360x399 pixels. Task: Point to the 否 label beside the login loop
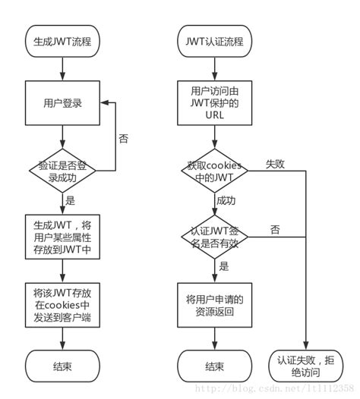tap(123, 139)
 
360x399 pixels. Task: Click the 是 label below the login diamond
tap(71, 201)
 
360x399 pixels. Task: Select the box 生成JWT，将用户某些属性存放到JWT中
tap(62, 235)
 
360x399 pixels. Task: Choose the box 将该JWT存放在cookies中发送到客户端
tap(62, 305)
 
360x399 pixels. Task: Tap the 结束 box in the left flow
tap(62, 366)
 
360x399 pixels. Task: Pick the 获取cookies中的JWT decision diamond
tap(215, 171)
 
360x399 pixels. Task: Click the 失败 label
tap(274, 164)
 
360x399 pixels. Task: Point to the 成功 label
tap(226, 202)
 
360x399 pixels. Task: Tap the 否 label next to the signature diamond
tap(274, 229)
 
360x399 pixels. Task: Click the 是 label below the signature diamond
tap(224, 266)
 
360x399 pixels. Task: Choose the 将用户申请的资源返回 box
tap(215, 305)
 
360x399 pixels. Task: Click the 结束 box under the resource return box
tap(215, 366)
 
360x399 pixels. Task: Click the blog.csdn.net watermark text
tap(273, 388)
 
